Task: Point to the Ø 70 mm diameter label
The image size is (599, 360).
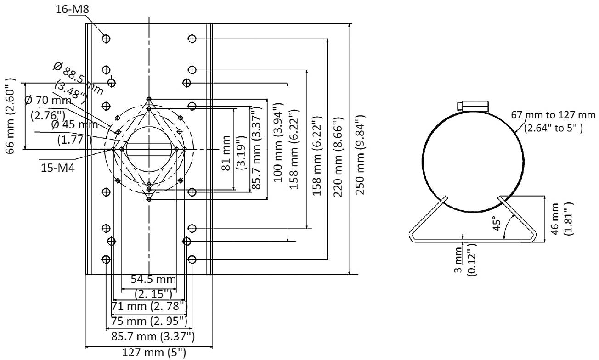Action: [x=48, y=106]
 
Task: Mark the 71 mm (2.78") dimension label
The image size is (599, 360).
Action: [x=149, y=305]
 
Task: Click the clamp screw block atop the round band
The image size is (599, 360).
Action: [x=473, y=106]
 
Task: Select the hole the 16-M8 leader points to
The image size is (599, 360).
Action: [x=106, y=39]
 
